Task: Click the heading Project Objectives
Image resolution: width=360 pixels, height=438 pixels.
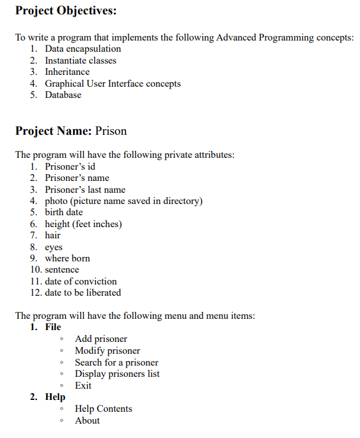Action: coord(66,11)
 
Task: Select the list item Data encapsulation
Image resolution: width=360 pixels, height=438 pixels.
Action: coord(83,49)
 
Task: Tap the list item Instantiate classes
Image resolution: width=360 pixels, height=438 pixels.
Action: coord(80,61)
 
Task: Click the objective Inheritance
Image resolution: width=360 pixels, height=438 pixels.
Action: coord(67,72)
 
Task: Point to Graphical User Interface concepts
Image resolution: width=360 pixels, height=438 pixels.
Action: coord(112,84)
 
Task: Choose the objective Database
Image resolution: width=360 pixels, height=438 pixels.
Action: coord(63,95)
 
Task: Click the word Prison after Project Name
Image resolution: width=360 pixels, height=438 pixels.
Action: coord(111,131)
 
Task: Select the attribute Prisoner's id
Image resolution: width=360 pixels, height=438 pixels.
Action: coord(70,167)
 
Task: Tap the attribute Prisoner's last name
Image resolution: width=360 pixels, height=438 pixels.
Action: coord(85,190)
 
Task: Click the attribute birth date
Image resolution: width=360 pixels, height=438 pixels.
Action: coord(64,212)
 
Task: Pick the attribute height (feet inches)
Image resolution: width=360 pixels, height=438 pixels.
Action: coord(83,224)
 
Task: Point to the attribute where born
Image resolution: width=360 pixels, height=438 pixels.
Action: coord(67,258)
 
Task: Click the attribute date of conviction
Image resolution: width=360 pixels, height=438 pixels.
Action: coord(80,281)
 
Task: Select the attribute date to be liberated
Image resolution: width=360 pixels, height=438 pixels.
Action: coord(83,293)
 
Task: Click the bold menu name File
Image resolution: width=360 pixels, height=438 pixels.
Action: coord(53,327)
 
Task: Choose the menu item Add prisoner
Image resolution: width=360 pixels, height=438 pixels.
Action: coord(100,339)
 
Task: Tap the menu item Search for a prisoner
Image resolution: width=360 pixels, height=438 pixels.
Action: coord(116,363)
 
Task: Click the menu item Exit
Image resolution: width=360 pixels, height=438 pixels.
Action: coord(83,386)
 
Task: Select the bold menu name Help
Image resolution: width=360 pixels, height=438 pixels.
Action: coord(55,397)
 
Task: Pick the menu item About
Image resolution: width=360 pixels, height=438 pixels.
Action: coord(87,421)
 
